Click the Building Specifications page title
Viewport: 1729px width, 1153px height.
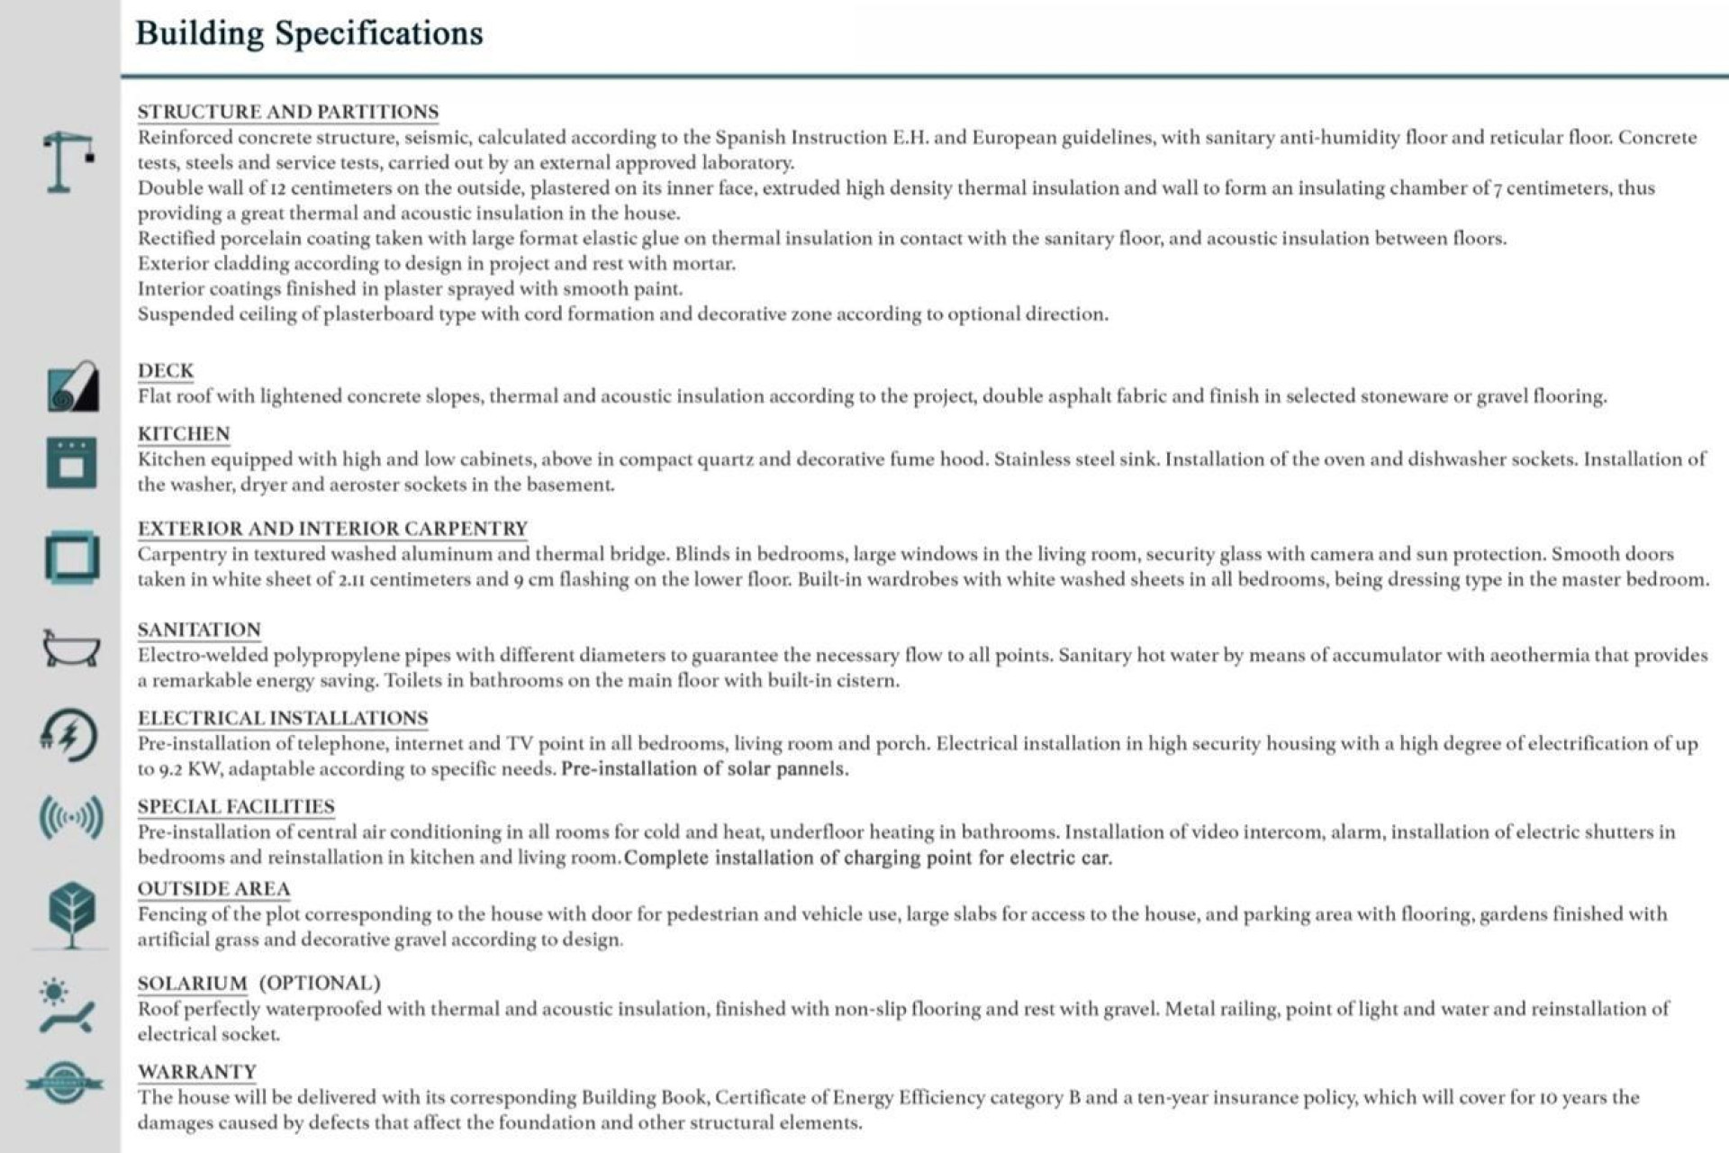point(309,34)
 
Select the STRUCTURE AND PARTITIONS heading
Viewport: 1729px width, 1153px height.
point(288,112)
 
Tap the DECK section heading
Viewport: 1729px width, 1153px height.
point(166,370)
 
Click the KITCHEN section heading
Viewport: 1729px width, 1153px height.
point(184,433)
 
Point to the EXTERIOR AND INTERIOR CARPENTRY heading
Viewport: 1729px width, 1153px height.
point(332,528)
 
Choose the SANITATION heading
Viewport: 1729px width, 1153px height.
point(199,630)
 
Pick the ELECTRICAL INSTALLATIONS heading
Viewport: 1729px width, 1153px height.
point(283,718)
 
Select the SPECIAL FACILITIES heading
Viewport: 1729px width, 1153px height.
point(236,806)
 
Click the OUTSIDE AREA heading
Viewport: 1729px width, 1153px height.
point(213,889)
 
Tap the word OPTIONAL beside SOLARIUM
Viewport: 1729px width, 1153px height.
point(320,983)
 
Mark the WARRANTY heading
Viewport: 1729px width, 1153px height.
point(197,1072)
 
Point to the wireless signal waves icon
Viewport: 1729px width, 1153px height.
point(71,818)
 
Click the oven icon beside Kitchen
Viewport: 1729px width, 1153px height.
point(71,463)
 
